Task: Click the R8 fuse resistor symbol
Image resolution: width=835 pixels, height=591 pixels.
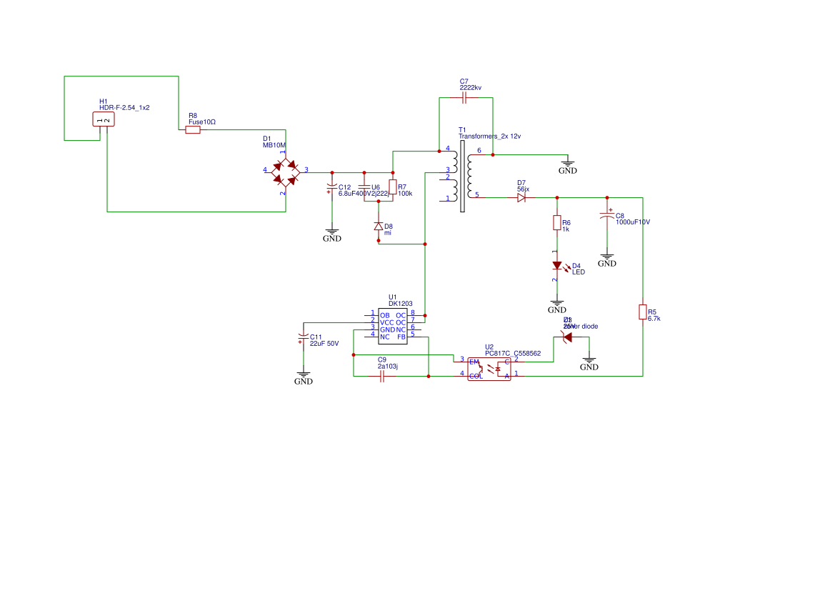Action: [x=193, y=130]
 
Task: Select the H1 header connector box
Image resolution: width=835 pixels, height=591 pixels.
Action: [x=104, y=119]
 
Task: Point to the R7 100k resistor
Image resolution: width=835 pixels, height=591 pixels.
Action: [x=393, y=187]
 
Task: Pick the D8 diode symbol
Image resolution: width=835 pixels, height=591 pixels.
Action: [x=379, y=227]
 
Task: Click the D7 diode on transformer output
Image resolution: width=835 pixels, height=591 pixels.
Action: [x=521, y=197]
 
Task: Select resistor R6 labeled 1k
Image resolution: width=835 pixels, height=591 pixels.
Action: [x=557, y=223]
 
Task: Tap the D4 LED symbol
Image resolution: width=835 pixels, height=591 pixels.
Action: [x=557, y=265]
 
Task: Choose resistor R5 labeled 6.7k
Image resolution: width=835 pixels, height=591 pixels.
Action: [x=643, y=312]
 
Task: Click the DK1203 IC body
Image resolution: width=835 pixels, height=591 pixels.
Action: [x=392, y=325]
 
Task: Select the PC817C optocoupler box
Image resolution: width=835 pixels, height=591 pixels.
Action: [x=489, y=369]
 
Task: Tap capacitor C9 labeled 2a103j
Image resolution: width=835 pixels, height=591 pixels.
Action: [x=382, y=377]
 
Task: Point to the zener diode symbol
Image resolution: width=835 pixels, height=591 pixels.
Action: [x=568, y=337]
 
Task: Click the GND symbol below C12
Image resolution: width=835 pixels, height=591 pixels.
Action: [x=331, y=234]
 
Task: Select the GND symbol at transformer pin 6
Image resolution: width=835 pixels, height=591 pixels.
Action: [x=567, y=166]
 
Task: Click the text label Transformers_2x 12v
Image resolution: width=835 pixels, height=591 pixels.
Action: [x=489, y=136]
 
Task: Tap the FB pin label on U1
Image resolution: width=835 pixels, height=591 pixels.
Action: [x=401, y=337]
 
